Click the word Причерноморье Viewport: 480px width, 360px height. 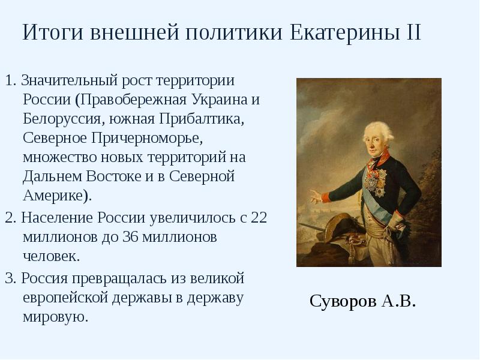(148, 139)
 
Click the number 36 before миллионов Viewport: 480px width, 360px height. (130, 236)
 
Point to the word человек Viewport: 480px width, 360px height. (51, 256)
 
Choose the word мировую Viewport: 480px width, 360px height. (55, 317)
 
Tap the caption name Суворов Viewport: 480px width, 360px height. (343, 301)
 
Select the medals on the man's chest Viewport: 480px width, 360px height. (377, 180)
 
